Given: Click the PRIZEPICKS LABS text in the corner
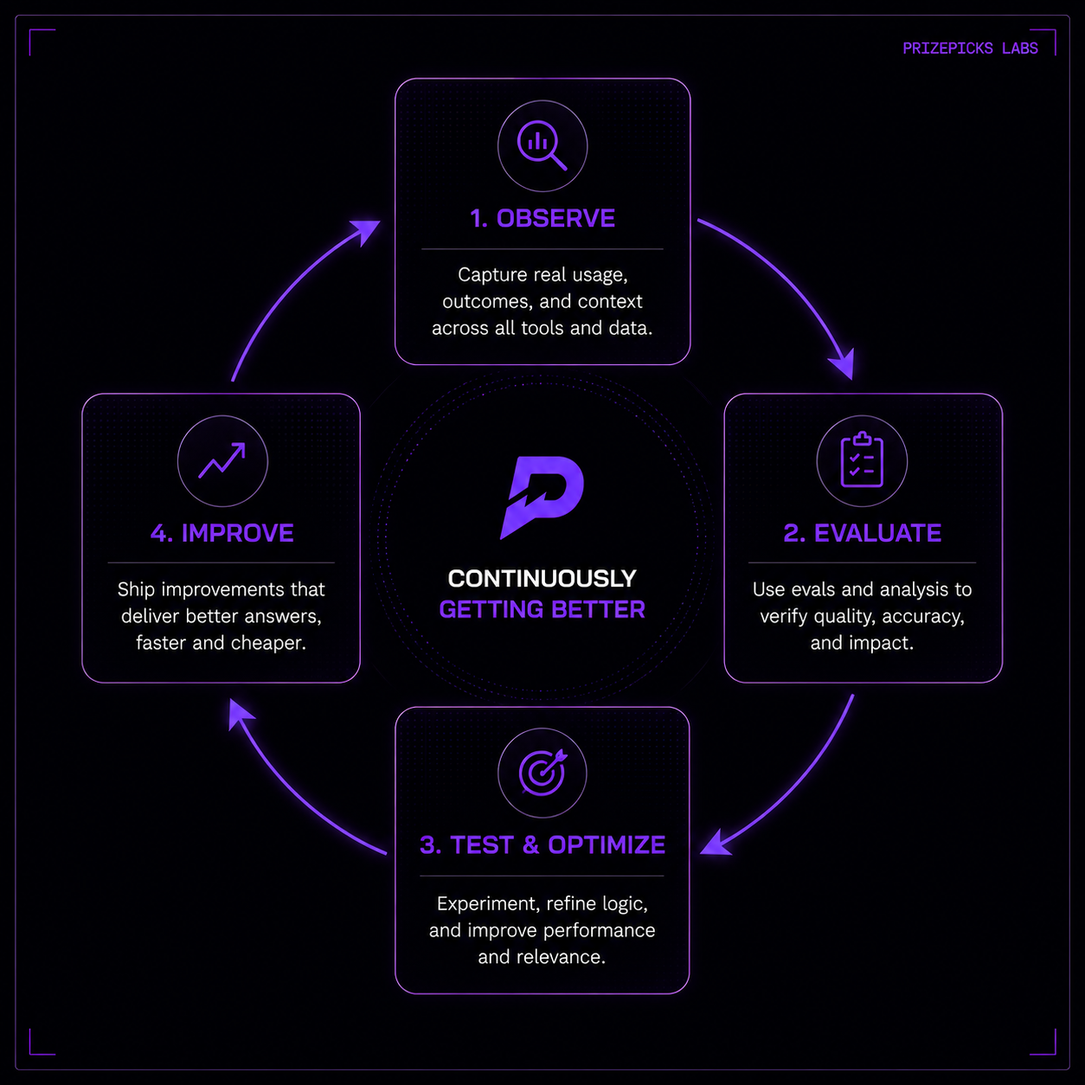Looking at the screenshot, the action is (970, 48).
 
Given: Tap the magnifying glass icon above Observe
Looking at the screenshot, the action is (542, 144).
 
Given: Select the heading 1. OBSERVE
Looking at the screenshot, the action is (542, 218).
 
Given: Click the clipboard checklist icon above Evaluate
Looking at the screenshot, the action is (862, 459).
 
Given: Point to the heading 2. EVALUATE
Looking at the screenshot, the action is (862, 533).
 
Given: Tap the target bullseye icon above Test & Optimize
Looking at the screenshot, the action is (543, 772).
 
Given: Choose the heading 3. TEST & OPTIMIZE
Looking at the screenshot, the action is (542, 844).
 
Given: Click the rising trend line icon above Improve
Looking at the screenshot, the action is (221, 460).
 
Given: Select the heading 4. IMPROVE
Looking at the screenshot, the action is (221, 533).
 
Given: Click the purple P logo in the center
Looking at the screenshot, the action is (542, 498).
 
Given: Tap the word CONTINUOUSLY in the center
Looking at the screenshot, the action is (542, 579).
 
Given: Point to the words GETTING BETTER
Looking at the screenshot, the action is (542, 610).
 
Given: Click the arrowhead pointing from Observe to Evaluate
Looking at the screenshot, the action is (844, 363).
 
